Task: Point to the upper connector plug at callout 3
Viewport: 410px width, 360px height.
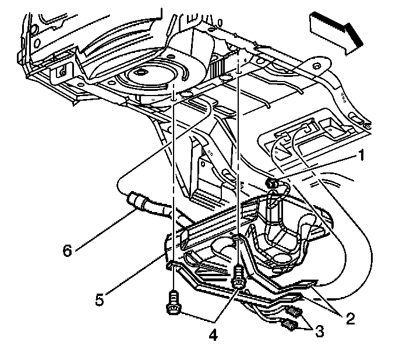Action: coord(295,312)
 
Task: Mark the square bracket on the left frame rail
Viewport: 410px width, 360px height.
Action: coord(60,73)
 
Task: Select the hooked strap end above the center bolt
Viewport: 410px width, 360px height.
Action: coord(238,239)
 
